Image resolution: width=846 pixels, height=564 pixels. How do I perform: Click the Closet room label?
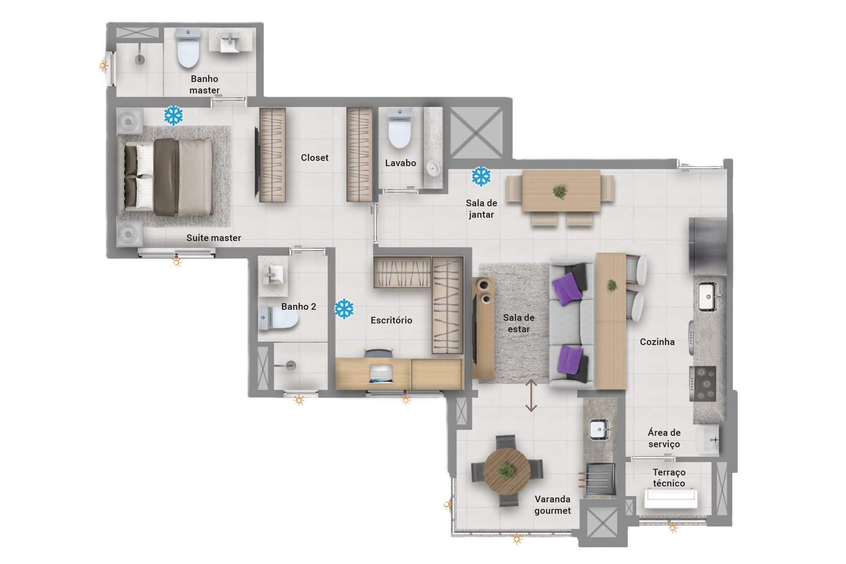point(315,158)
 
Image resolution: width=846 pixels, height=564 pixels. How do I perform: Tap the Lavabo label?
point(401,163)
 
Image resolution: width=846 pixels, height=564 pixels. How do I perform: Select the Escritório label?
point(391,320)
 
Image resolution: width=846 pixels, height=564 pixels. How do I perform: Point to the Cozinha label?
point(657,342)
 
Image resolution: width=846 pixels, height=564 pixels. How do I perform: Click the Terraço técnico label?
point(669,478)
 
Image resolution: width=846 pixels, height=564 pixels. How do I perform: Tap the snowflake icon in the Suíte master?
point(173,115)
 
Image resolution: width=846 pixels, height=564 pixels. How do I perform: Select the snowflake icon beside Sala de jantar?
point(481,176)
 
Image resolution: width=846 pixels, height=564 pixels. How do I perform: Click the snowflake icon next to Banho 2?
point(344,309)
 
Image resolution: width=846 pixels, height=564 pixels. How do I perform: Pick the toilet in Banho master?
point(188,48)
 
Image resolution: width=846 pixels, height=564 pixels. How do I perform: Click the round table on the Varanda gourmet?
point(507,471)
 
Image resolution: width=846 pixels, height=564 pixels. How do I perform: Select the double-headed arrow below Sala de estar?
point(531,396)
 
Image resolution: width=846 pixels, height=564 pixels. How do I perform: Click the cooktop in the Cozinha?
point(703,383)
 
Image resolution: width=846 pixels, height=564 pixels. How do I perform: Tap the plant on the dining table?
point(560,192)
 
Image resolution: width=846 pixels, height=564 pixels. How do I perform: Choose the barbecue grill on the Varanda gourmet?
point(600,479)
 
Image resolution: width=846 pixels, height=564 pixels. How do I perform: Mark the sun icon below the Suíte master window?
point(177,263)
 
